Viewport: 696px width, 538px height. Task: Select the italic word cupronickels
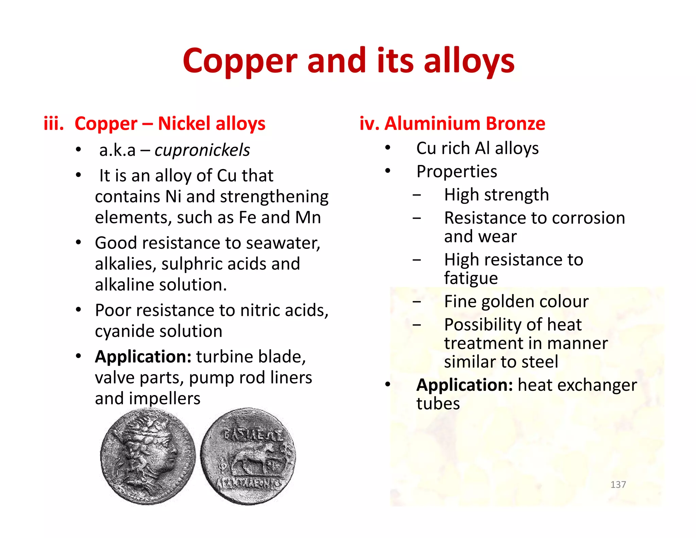tap(202, 150)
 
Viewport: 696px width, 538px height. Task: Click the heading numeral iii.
tap(54, 123)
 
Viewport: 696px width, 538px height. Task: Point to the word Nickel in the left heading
tap(184, 123)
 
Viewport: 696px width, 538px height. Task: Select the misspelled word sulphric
tap(192, 264)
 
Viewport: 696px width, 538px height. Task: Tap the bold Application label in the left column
tap(143, 357)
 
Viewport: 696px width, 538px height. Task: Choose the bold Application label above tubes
tap(465, 385)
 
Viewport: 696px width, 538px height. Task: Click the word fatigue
tap(471, 278)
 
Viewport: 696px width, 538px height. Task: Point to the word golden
tap(515, 302)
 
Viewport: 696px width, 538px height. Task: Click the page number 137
tap(618, 485)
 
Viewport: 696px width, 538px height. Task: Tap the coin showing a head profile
tap(148, 456)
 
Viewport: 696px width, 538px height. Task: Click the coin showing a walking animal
tap(248, 456)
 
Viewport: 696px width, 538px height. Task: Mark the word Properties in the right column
tap(456, 171)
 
